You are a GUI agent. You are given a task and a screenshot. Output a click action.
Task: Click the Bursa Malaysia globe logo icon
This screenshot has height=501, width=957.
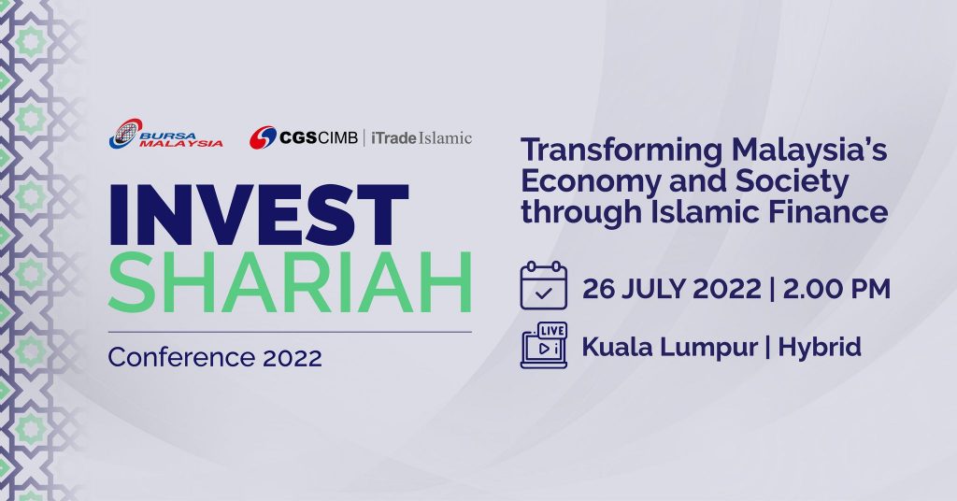124,134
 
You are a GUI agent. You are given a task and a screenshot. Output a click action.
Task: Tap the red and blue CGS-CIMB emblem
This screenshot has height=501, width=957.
263,137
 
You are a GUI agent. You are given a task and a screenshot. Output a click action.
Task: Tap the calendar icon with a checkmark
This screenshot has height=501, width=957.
543,287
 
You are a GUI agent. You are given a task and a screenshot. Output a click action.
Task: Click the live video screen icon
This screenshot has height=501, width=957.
543,346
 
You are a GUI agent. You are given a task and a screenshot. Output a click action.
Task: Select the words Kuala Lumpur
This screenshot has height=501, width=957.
670,347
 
